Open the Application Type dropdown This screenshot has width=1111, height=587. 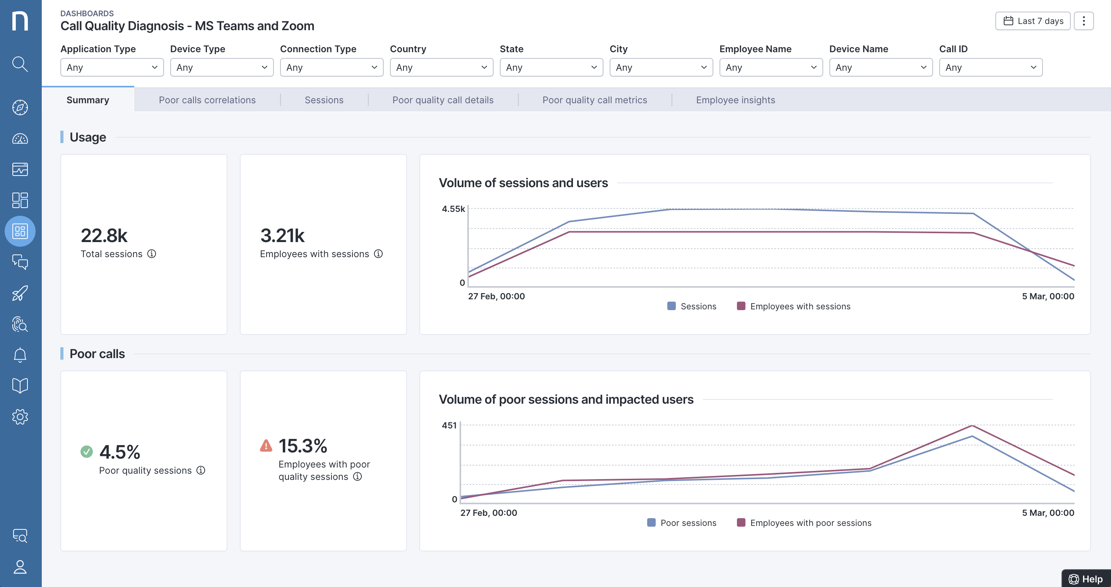coord(112,68)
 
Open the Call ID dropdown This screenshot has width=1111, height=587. coord(990,68)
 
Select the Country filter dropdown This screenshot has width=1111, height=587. coord(441,68)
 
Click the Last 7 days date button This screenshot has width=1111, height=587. coord(1032,21)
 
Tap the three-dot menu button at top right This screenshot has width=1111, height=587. coord(1084,21)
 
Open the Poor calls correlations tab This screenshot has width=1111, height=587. coord(207,100)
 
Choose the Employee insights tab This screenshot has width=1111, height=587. coord(735,100)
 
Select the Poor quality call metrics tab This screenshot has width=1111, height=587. coord(594,100)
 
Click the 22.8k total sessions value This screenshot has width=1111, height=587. coord(104,236)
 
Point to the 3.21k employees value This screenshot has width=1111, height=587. coord(282,236)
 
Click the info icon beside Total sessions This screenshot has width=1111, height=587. coord(151,254)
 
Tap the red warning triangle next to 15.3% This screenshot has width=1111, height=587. coord(266,445)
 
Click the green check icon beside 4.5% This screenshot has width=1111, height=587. coord(87,452)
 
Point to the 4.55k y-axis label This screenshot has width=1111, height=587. coord(453,209)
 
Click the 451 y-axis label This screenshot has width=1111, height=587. coord(449,425)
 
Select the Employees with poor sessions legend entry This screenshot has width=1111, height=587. coord(804,523)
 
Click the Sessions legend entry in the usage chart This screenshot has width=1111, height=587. coord(692,306)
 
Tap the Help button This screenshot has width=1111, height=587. coord(1086,579)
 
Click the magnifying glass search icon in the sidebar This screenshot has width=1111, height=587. coord(20,64)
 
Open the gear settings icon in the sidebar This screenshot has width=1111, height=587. coord(20,417)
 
